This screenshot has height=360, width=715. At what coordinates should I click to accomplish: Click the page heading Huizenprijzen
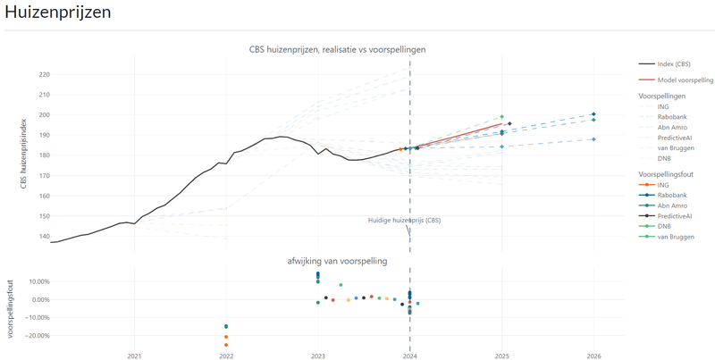[x=57, y=13]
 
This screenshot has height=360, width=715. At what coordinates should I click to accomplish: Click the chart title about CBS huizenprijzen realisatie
[x=337, y=49]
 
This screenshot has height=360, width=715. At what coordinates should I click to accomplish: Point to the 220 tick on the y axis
[x=45, y=74]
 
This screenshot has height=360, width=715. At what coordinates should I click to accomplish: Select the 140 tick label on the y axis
[x=45, y=237]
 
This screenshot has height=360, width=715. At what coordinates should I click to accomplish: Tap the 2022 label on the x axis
[x=226, y=356]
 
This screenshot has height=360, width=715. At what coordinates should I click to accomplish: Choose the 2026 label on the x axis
[x=593, y=356]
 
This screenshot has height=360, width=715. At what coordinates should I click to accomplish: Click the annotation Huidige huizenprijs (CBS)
[x=404, y=220]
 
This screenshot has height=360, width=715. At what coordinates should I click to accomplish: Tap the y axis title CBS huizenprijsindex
[x=24, y=153]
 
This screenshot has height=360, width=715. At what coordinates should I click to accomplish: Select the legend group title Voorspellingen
[x=662, y=96]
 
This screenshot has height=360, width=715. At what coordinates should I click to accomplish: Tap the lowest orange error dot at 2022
[x=226, y=345]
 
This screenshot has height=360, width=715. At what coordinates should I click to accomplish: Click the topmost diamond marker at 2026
[x=593, y=114]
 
